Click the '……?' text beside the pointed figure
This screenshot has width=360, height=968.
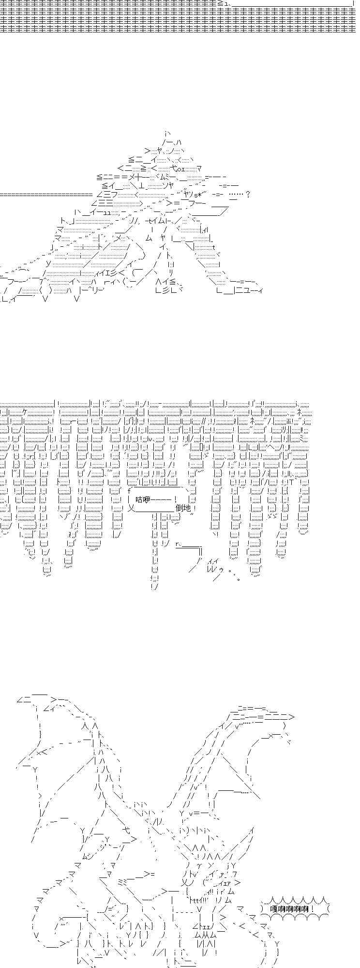click(x=240, y=194)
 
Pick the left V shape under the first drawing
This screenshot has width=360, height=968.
click(x=45, y=299)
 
